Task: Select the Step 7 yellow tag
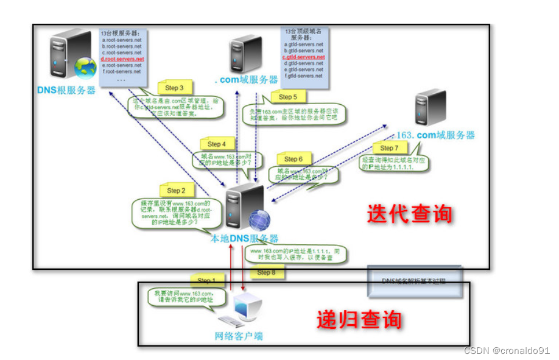388,147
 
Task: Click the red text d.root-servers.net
122,59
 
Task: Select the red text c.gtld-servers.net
303,57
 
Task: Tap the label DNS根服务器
66,90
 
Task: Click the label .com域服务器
246,79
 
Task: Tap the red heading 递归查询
359,320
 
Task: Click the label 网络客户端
239,336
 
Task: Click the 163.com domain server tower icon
430,108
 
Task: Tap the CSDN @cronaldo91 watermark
507,351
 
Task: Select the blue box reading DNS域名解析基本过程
413,281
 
